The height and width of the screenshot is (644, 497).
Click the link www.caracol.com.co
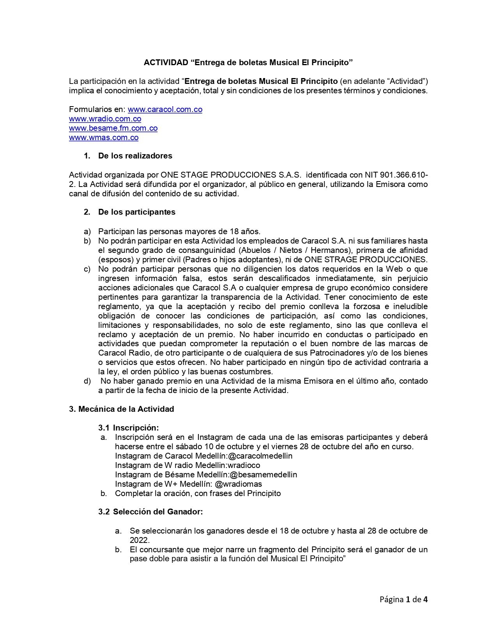[165, 110]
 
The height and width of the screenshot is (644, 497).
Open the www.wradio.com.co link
[105, 119]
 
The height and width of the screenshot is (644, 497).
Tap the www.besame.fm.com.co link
[113, 128]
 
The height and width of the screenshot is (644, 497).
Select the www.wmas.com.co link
[104, 138]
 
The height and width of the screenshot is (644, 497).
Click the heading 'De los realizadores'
[135, 156]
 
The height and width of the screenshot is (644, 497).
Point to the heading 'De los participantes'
[136, 212]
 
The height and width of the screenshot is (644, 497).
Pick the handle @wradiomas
[238, 484]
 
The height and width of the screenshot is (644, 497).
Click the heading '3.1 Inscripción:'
[128, 428]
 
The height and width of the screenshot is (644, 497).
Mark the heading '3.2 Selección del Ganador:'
[150, 512]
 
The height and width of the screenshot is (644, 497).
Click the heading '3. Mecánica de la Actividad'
[122, 409]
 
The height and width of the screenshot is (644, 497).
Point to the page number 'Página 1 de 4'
[403, 600]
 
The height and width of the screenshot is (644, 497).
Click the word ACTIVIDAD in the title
[166, 63]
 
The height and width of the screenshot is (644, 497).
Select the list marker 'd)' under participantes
[87, 381]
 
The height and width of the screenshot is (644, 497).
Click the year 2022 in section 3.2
[139, 541]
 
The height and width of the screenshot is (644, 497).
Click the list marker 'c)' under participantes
[87, 269]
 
